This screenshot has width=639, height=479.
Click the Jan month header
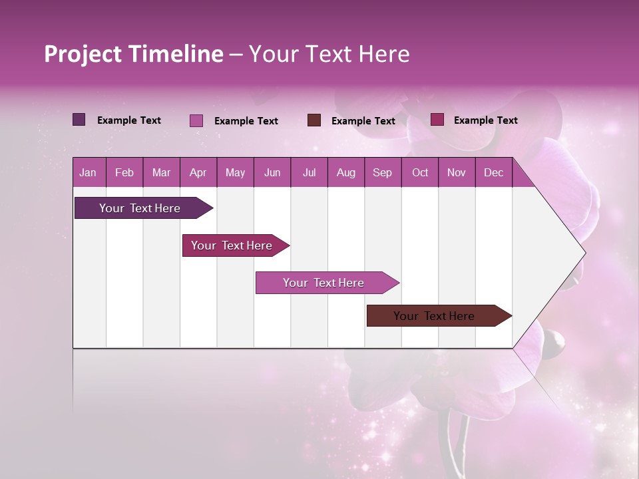point(88,172)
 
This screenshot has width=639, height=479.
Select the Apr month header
point(198,172)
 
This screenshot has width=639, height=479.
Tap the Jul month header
point(309,172)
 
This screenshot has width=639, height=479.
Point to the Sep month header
point(382,172)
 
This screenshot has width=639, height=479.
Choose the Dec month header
point(493,172)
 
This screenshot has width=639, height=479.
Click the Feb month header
point(124,172)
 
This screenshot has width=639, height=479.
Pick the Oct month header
point(420,172)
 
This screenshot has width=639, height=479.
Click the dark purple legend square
point(79,120)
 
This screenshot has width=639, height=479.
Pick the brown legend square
point(314,120)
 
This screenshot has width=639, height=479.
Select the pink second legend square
point(196,120)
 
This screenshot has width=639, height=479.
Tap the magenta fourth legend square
point(437,120)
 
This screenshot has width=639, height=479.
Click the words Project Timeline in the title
point(134,54)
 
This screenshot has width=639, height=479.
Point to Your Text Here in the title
point(329,54)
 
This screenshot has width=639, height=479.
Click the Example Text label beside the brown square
point(363,121)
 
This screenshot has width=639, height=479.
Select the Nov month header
point(457,172)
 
